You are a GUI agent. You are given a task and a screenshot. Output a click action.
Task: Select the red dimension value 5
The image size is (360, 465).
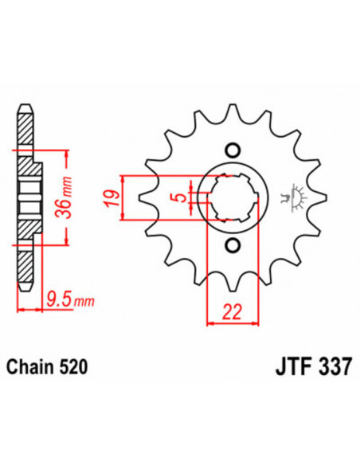click(x=182, y=197)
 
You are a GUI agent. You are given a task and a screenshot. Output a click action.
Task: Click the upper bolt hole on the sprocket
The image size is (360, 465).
click(x=232, y=150)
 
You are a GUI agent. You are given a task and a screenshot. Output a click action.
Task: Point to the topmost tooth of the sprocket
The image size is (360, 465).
click(x=232, y=109)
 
